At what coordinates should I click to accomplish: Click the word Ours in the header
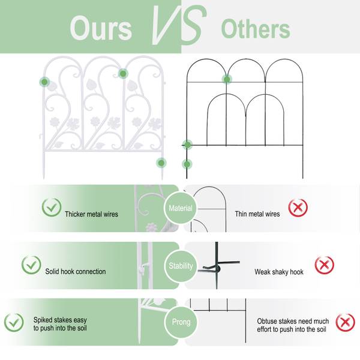101,28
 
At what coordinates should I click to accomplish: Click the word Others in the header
256,29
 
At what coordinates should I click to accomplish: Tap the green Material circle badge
181,208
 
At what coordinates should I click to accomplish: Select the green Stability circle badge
181,266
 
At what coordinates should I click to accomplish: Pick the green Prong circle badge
181,322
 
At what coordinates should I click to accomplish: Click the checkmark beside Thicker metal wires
52,207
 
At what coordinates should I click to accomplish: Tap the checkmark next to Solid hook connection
31,265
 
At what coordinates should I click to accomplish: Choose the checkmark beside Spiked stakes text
14,322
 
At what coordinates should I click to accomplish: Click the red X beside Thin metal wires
298,208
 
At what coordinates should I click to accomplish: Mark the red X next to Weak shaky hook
324,265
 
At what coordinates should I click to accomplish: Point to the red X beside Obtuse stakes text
346,323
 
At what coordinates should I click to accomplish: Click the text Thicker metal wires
91,214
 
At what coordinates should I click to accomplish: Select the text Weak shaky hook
279,272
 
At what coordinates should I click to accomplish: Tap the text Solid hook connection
76,271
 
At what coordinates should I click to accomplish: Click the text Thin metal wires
257,214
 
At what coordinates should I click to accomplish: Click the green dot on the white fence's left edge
44,82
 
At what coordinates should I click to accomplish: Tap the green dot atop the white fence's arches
123,74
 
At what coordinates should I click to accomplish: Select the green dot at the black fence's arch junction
227,79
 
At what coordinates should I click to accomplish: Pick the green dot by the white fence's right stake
161,163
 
